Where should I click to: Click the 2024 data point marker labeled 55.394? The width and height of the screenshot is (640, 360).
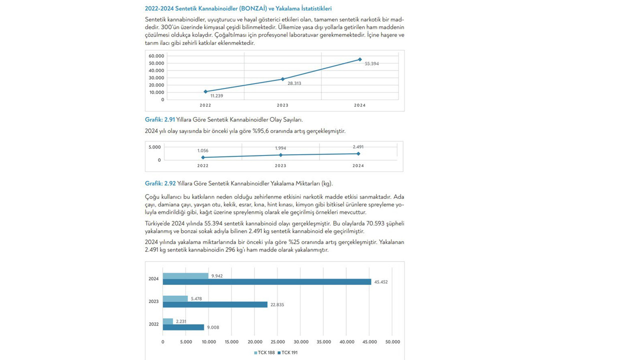point(359,59)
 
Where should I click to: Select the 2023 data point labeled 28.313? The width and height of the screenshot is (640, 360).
point(282,79)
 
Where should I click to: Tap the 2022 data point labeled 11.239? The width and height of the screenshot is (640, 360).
point(205,91)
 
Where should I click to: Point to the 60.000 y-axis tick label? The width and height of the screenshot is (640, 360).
point(156,56)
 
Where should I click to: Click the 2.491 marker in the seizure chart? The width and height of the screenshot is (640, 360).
point(358,153)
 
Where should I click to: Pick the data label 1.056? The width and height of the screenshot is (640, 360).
point(202,150)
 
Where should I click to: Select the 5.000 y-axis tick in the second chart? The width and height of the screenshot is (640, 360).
point(154,147)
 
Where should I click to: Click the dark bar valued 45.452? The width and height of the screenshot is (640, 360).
point(266,282)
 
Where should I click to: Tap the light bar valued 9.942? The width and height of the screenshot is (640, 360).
point(185,276)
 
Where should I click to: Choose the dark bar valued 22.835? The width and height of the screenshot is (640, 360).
point(215,304)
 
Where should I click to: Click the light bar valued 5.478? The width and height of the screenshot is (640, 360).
point(175,298)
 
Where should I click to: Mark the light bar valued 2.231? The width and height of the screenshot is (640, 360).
point(168,321)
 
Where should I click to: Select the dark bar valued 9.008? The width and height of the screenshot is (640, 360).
point(183,327)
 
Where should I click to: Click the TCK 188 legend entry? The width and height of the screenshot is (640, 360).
point(264,352)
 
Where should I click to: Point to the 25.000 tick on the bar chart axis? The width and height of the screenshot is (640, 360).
point(277,342)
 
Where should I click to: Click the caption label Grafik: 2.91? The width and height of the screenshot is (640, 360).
point(159,120)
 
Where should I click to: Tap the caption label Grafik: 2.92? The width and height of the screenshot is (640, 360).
point(160,183)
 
